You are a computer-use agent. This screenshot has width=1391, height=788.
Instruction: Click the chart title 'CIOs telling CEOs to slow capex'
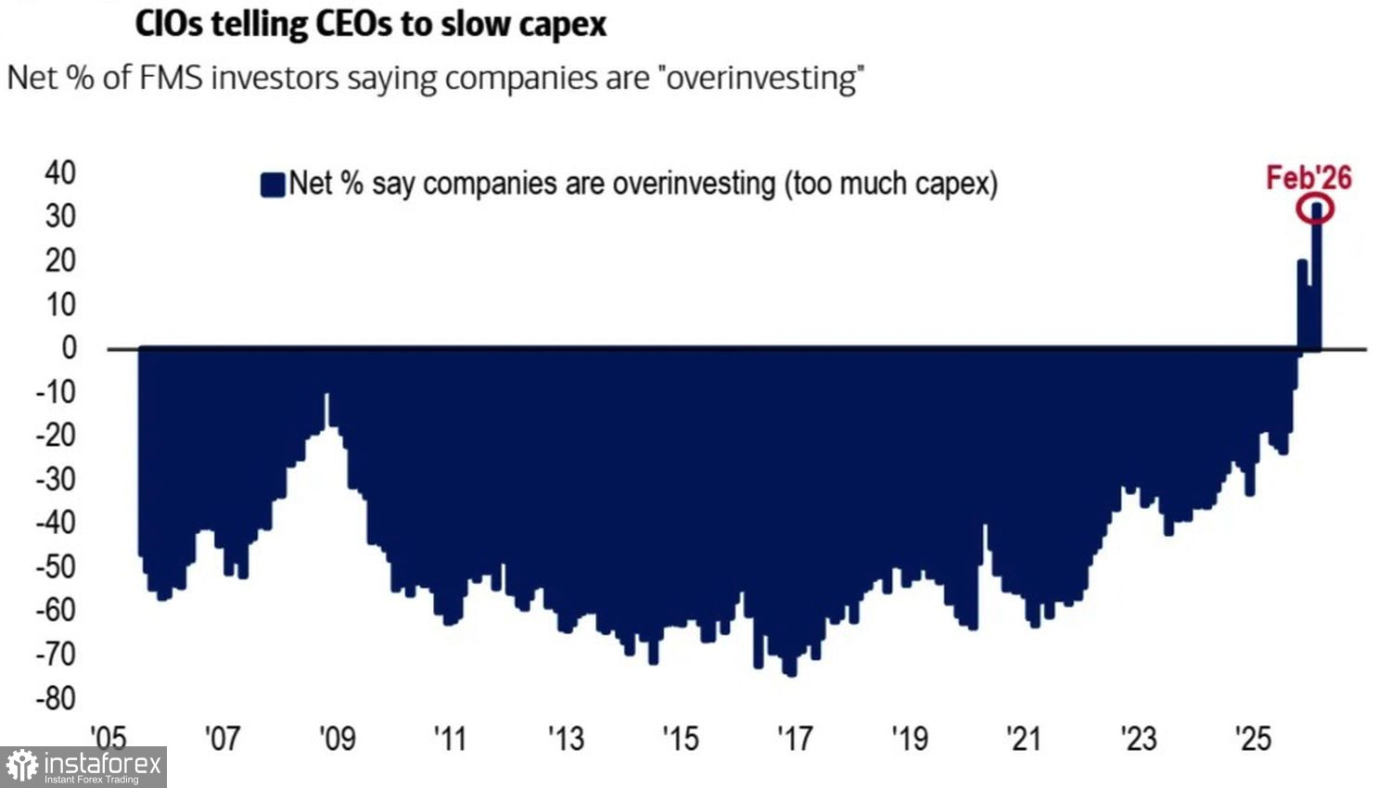tap(371, 23)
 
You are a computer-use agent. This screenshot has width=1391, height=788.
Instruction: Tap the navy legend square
tap(273, 184)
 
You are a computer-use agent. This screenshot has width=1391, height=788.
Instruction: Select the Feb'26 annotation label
tap(1308, 177)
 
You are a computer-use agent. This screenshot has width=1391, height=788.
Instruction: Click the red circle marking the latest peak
tap(1315, 210)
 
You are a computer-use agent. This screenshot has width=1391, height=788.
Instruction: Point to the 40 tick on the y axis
tap(60, 172)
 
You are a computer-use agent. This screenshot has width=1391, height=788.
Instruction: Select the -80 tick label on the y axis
tap(56, 698)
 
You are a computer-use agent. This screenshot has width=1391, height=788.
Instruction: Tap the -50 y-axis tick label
tap(56, 566)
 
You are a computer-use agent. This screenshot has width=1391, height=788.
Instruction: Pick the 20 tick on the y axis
tap(60, 261)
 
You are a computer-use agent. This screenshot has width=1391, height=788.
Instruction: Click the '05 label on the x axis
tap(108, 738)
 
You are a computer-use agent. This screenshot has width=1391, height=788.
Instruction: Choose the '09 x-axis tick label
tap(337, 738)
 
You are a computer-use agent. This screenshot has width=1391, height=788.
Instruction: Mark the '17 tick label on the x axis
tap(795, 738)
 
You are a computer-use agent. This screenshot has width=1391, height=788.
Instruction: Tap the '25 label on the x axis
tap(1253, 738)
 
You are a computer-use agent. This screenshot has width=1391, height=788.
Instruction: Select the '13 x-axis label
tap(566, 738)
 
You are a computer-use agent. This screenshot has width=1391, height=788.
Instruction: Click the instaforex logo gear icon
tap(21, 767)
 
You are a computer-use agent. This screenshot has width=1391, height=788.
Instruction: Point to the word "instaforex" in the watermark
tap(102, 764)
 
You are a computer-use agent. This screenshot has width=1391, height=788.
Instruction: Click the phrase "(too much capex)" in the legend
tap(891, 184)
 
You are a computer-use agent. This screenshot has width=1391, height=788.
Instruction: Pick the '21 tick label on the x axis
tap(1024, 738)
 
